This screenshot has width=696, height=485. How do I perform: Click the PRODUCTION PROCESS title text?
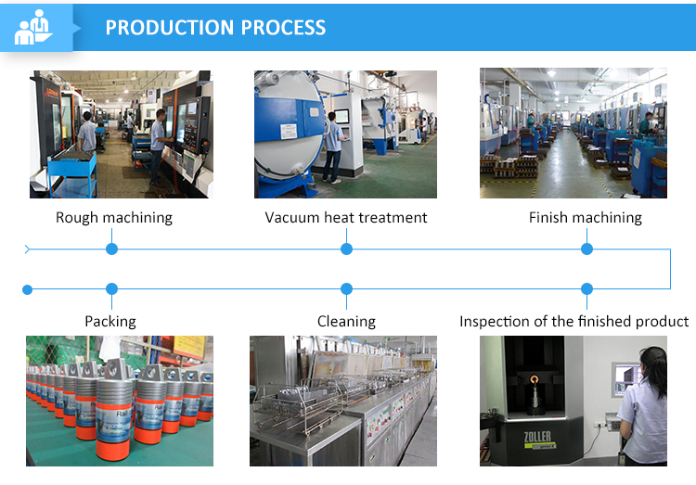coord(215,28)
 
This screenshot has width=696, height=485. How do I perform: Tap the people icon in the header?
coord(33,27)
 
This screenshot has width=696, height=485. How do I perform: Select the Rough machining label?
coord(113,217)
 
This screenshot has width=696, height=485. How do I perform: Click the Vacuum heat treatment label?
coord(346,217)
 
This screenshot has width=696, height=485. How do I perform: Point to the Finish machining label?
coord(585,217)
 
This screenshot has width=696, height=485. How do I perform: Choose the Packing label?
coord(110,321)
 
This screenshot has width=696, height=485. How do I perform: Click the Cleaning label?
coord(346,321)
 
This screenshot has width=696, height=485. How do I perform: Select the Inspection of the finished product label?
coord(574,321)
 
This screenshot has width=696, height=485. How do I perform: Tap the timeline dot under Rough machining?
coord(112,249)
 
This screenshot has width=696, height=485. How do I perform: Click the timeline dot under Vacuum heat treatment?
coord(347,249)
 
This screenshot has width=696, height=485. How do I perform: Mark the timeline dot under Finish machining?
coord(586,249)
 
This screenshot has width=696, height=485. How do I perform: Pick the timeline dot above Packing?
coord(112,289)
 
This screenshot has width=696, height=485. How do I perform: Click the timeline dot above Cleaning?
coord(347,289)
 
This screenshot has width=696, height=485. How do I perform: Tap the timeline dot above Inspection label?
coord(586,289)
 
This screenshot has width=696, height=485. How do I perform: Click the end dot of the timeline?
coord(28,289)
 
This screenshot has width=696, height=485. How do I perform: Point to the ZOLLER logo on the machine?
coord(537,437)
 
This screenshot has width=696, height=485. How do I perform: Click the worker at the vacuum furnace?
coord(334,147)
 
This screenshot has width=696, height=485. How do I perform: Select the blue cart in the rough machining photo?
coord(71,174)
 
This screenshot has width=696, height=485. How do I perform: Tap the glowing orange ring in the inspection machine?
coord(535,380)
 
